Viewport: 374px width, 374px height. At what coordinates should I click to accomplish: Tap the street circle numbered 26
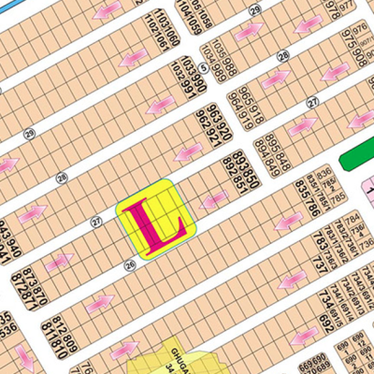coord(129,266)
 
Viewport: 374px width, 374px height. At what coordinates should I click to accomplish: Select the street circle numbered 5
coord(203,55)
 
